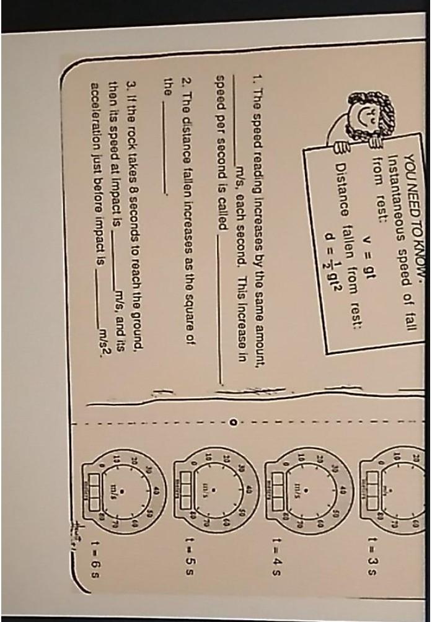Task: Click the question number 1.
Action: (255, 81)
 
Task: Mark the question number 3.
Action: (128, 81)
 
